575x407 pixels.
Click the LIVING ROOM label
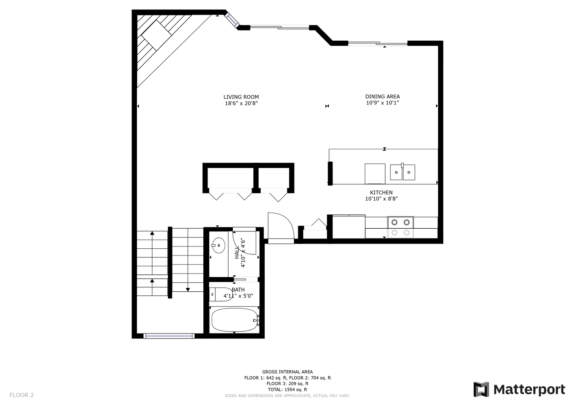pyautogui.click(x=241, y=97)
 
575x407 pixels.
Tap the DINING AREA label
pyautogui.click(x=383, y=96)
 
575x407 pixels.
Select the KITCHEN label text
pyautogui.click(x=381, y=193)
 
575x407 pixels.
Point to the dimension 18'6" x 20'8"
pyautogui.click(x=241, y=103)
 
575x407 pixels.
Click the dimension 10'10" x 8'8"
pyautogui.click(x=381, y=199)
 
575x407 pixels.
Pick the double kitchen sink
pyautogui.click(x=403, y=172)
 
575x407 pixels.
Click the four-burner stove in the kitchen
pyautogui.click(x=400, y=227)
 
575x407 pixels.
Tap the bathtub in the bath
pyautogui.click(x=234, y=320)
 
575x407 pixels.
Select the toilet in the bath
pyautogui.click(x=221, y=294)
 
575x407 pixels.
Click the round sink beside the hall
pyautogui.click(x=218, y=245)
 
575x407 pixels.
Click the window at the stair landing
pyautogui.click(x=169, y=336)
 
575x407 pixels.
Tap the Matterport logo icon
pyautogui.click(x=481, y=389)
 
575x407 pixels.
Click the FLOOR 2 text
pyautogui.click(x=21, y=395)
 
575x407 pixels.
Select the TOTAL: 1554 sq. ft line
pyautogui.click(x=288, y=390)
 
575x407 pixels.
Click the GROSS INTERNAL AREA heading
pyautogui.click(x=288, y=372)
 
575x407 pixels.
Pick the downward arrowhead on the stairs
pyautogui.click(x=188, y=289)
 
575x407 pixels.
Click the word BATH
pyautogui.click(x=238, y=289)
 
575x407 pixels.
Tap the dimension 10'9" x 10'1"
pyautogui.click(x=383, y=103)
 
